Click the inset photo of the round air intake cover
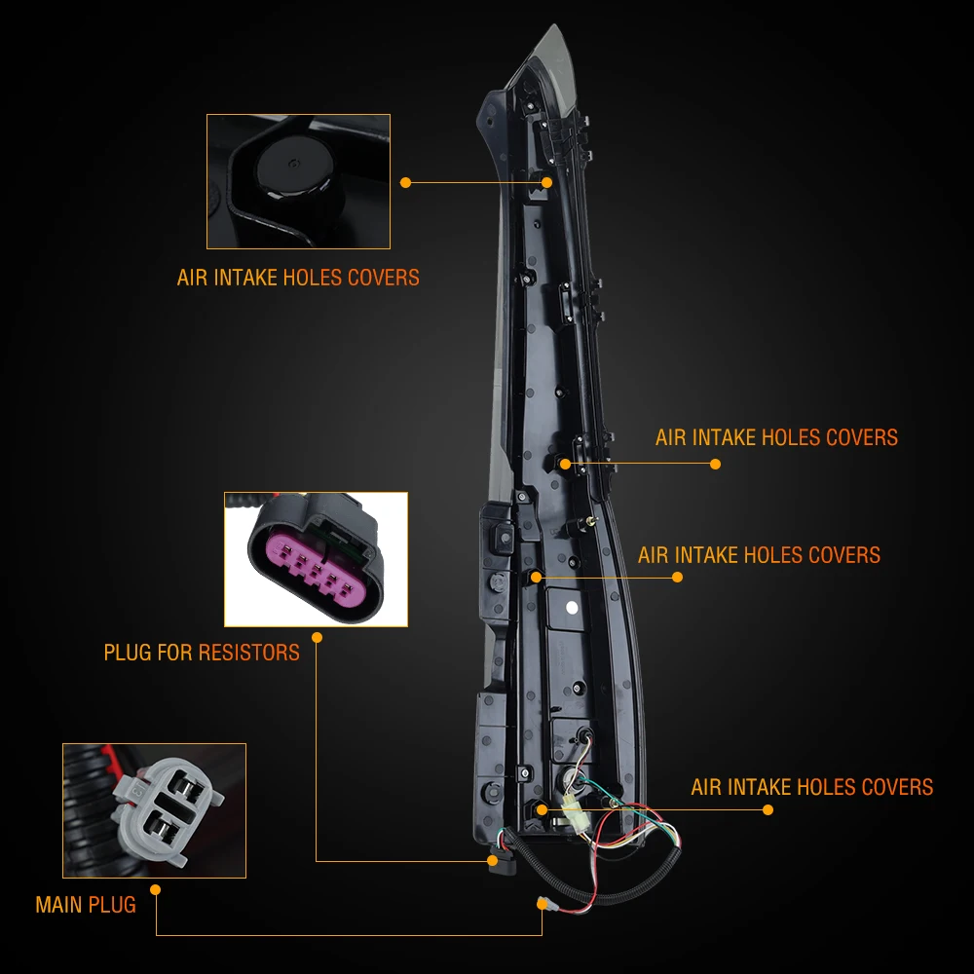[x=298, y=181]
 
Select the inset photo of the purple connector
[x=316, y=559]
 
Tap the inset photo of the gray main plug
[x=154, y=810]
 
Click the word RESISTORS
[x=248, y=652]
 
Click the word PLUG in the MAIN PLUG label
[x=111, y=905]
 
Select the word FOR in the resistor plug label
[x=175, y=652]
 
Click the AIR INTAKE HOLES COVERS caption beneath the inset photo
[x=298, y=278]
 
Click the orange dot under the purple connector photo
[x=318, y=637]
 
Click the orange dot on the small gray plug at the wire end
[x=542, y=903]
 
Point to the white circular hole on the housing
[x=572, y=607]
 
